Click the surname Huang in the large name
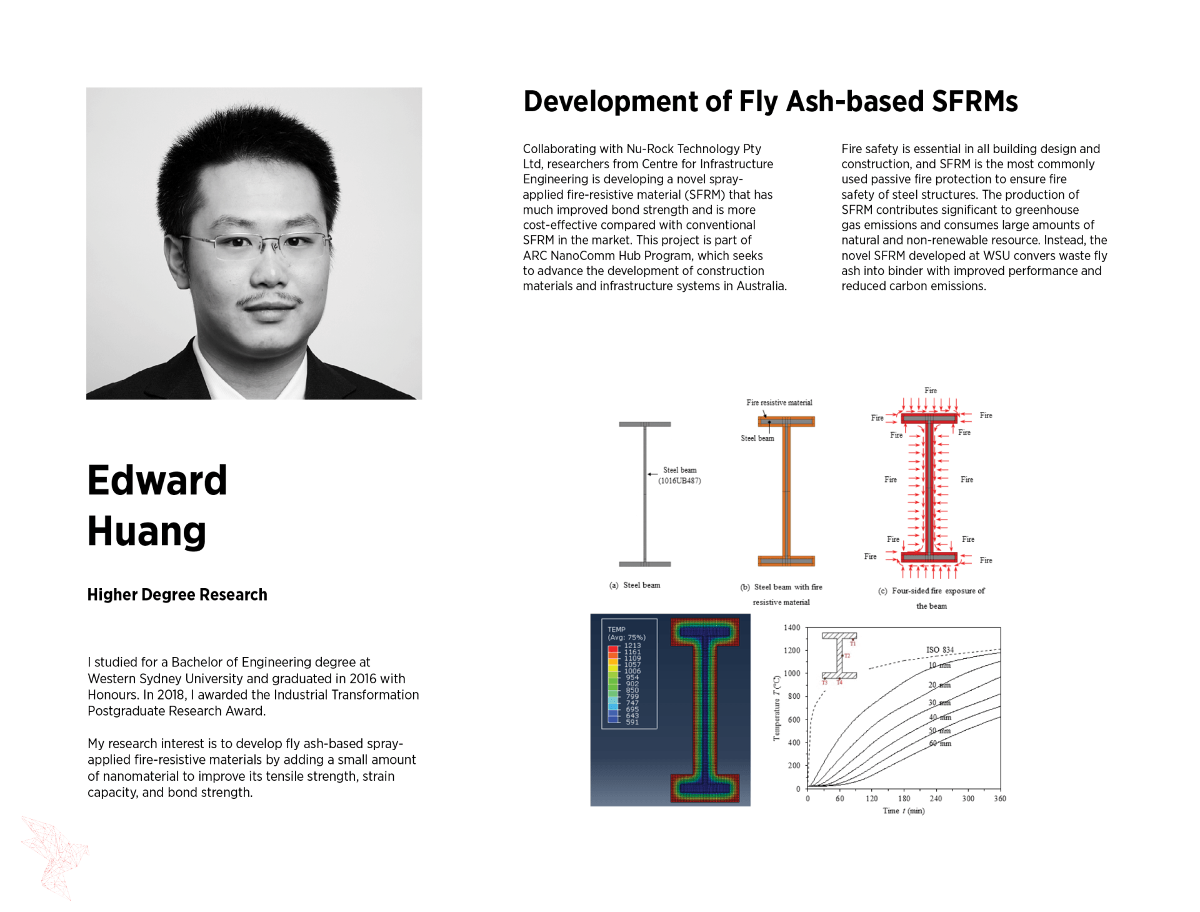coord(147,531)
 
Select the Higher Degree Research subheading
coord(177,594)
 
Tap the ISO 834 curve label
coord(940,649)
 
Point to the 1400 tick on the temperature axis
coord(792,628)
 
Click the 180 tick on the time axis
coord(904,798)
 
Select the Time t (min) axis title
coord(904,811)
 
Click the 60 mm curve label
coord(940,743)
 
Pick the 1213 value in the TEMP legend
coord(632,645)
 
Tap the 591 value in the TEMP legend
coord(632,722)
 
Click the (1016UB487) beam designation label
coord(679,481)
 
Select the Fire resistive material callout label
coord(779,403)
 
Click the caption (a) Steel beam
coord(635,585)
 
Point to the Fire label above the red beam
coord(931,391)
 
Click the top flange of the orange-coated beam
coord(786,421)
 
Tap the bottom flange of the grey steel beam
coord(645,564)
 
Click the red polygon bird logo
coord(54,856)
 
